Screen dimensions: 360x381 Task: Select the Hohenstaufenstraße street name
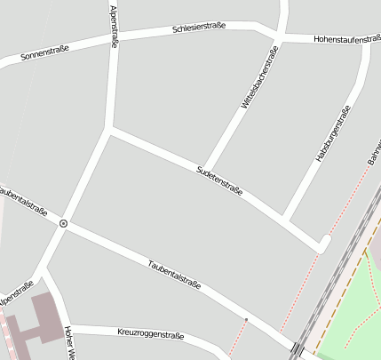click(x=346, y=39)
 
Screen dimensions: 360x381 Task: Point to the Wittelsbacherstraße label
click(x=258, y=78)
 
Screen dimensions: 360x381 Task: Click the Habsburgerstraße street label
click(x=333, y=133)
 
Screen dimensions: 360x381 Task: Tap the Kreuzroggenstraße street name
click(x=150, y=334)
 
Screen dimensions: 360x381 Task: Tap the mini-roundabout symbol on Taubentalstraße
click(x=63, y=223)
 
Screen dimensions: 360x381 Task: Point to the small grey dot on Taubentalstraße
click(x=246, y=318)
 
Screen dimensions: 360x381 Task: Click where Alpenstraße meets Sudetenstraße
click(x=108, y=130)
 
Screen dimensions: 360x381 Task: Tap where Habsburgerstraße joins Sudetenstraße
click(x=284, y=217)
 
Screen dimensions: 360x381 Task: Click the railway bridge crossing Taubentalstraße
click(x=297, y=348)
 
